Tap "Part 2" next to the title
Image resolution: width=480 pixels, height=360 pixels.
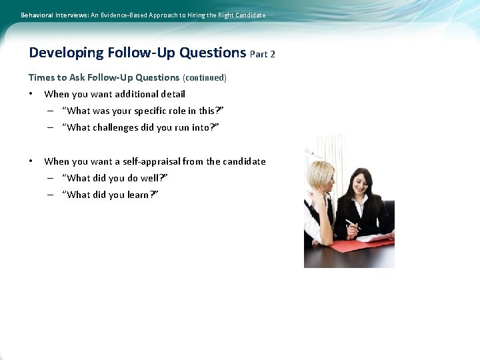[263, 54]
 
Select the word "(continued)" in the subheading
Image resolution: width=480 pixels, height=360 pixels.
[205, 78]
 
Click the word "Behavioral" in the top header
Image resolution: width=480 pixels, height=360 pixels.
[39, 15]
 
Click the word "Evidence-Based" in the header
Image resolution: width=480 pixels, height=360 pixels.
[125, 15]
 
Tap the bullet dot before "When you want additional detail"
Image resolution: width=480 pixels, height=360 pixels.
[31, 94]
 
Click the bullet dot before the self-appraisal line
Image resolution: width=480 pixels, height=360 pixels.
[31, 161]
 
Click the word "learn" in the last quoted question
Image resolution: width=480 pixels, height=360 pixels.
[143, 195]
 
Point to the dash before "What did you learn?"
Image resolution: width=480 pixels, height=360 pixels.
[51, 195]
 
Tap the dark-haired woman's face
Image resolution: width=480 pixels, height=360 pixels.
[361, 183]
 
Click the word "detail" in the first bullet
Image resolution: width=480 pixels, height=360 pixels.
[171, 95]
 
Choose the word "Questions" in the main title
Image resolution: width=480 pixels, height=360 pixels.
[213, 53]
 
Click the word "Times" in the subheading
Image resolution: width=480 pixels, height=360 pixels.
[40, 78]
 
